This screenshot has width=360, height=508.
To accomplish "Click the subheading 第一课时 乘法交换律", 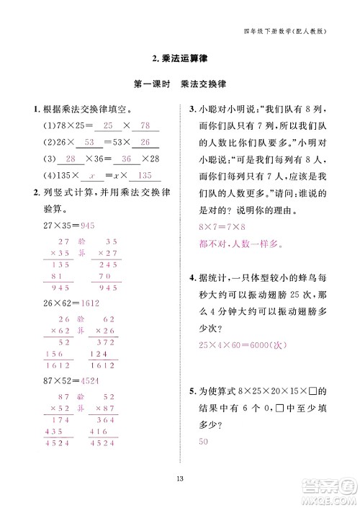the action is [x=180, y=84].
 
